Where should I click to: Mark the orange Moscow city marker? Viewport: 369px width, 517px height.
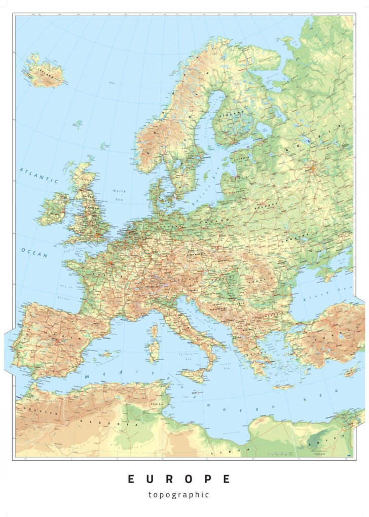point(313,166)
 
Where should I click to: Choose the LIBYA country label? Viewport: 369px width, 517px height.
point(231,450)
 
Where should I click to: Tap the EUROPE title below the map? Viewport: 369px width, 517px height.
point(179,479)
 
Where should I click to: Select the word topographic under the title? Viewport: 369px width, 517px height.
point(179,495)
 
